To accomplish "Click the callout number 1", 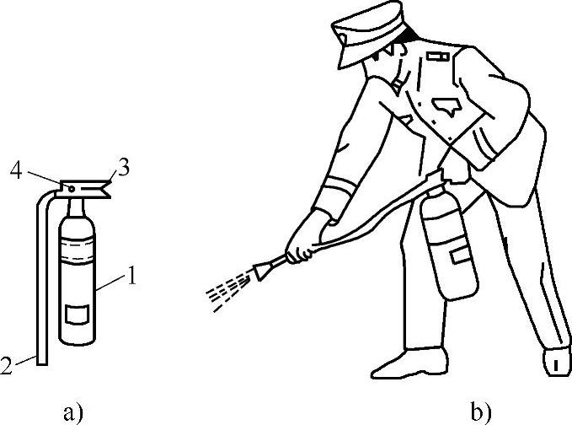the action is [x=131, y=276].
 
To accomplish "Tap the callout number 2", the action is [x=6, y=365].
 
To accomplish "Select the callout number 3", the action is [x=123, y=169].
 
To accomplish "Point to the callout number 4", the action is [x=16, y=169].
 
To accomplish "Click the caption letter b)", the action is [x=481, y=412].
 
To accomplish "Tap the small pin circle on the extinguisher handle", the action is [x=72, y=189].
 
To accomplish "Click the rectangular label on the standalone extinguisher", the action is [x=77, y=315].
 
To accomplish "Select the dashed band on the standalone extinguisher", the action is [x=78, y=250].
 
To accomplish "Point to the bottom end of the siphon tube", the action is [x=42, y=363].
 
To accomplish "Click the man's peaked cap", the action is [x=368, y=34].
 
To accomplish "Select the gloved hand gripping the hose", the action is [x=305, y=239].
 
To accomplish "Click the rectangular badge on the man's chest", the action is [x=437, y=56].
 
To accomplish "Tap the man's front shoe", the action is [x=409, y=363].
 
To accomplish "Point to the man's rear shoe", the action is [x=557, y=361].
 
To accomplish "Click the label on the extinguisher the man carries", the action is [x=461, y=255].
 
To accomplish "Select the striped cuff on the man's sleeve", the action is [x=339, y=186].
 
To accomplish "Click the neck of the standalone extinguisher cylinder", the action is [x=77, y=207].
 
